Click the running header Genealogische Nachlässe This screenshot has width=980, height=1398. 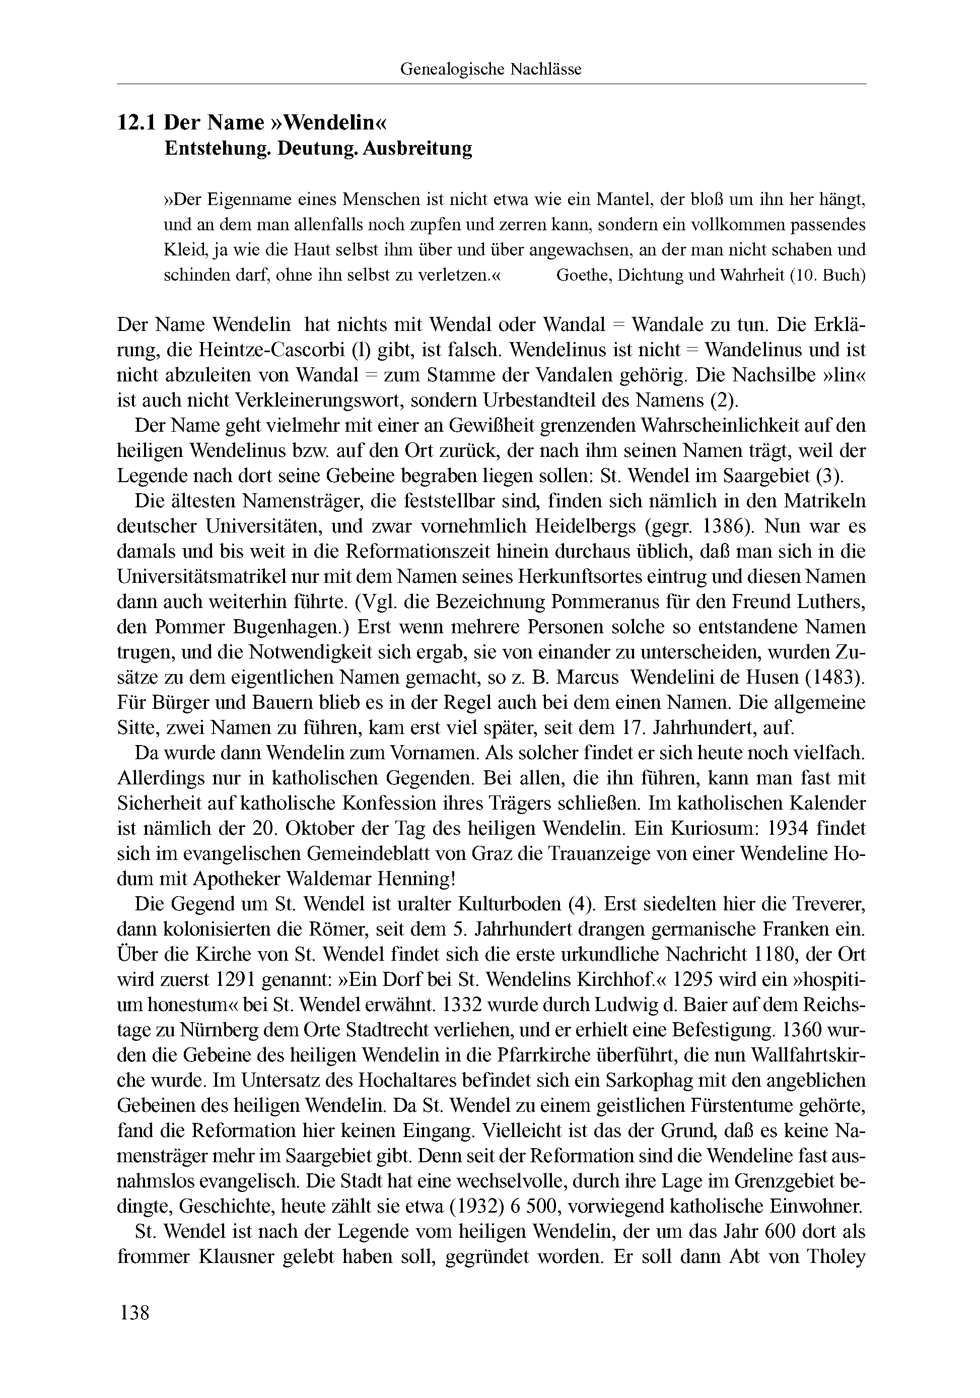491,70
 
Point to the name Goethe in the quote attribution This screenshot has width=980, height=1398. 583,275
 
